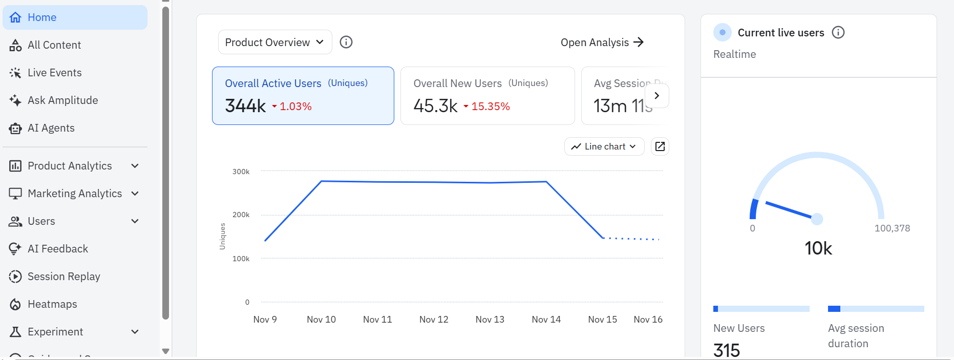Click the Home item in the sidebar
[42, 17]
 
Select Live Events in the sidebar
[54, 73]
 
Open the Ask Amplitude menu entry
[62, 100]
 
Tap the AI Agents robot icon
[15, 128]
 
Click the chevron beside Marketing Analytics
[135, 194]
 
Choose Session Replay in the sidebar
[63, 277]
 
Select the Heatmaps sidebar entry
[52, 304]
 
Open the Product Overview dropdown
[274, 42]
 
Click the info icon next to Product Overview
[346, 42]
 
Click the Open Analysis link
[602, 43]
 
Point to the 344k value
[245, 106]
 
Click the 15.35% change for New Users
[490, 107]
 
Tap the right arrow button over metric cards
[657, 96]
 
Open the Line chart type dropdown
[604, 146]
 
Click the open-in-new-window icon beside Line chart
[660, 146]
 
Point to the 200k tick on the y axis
[241, 215]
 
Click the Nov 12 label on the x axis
[434, 320]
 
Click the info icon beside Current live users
[838, 33]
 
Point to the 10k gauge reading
[818, 248]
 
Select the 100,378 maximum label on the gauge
[892, 228]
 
